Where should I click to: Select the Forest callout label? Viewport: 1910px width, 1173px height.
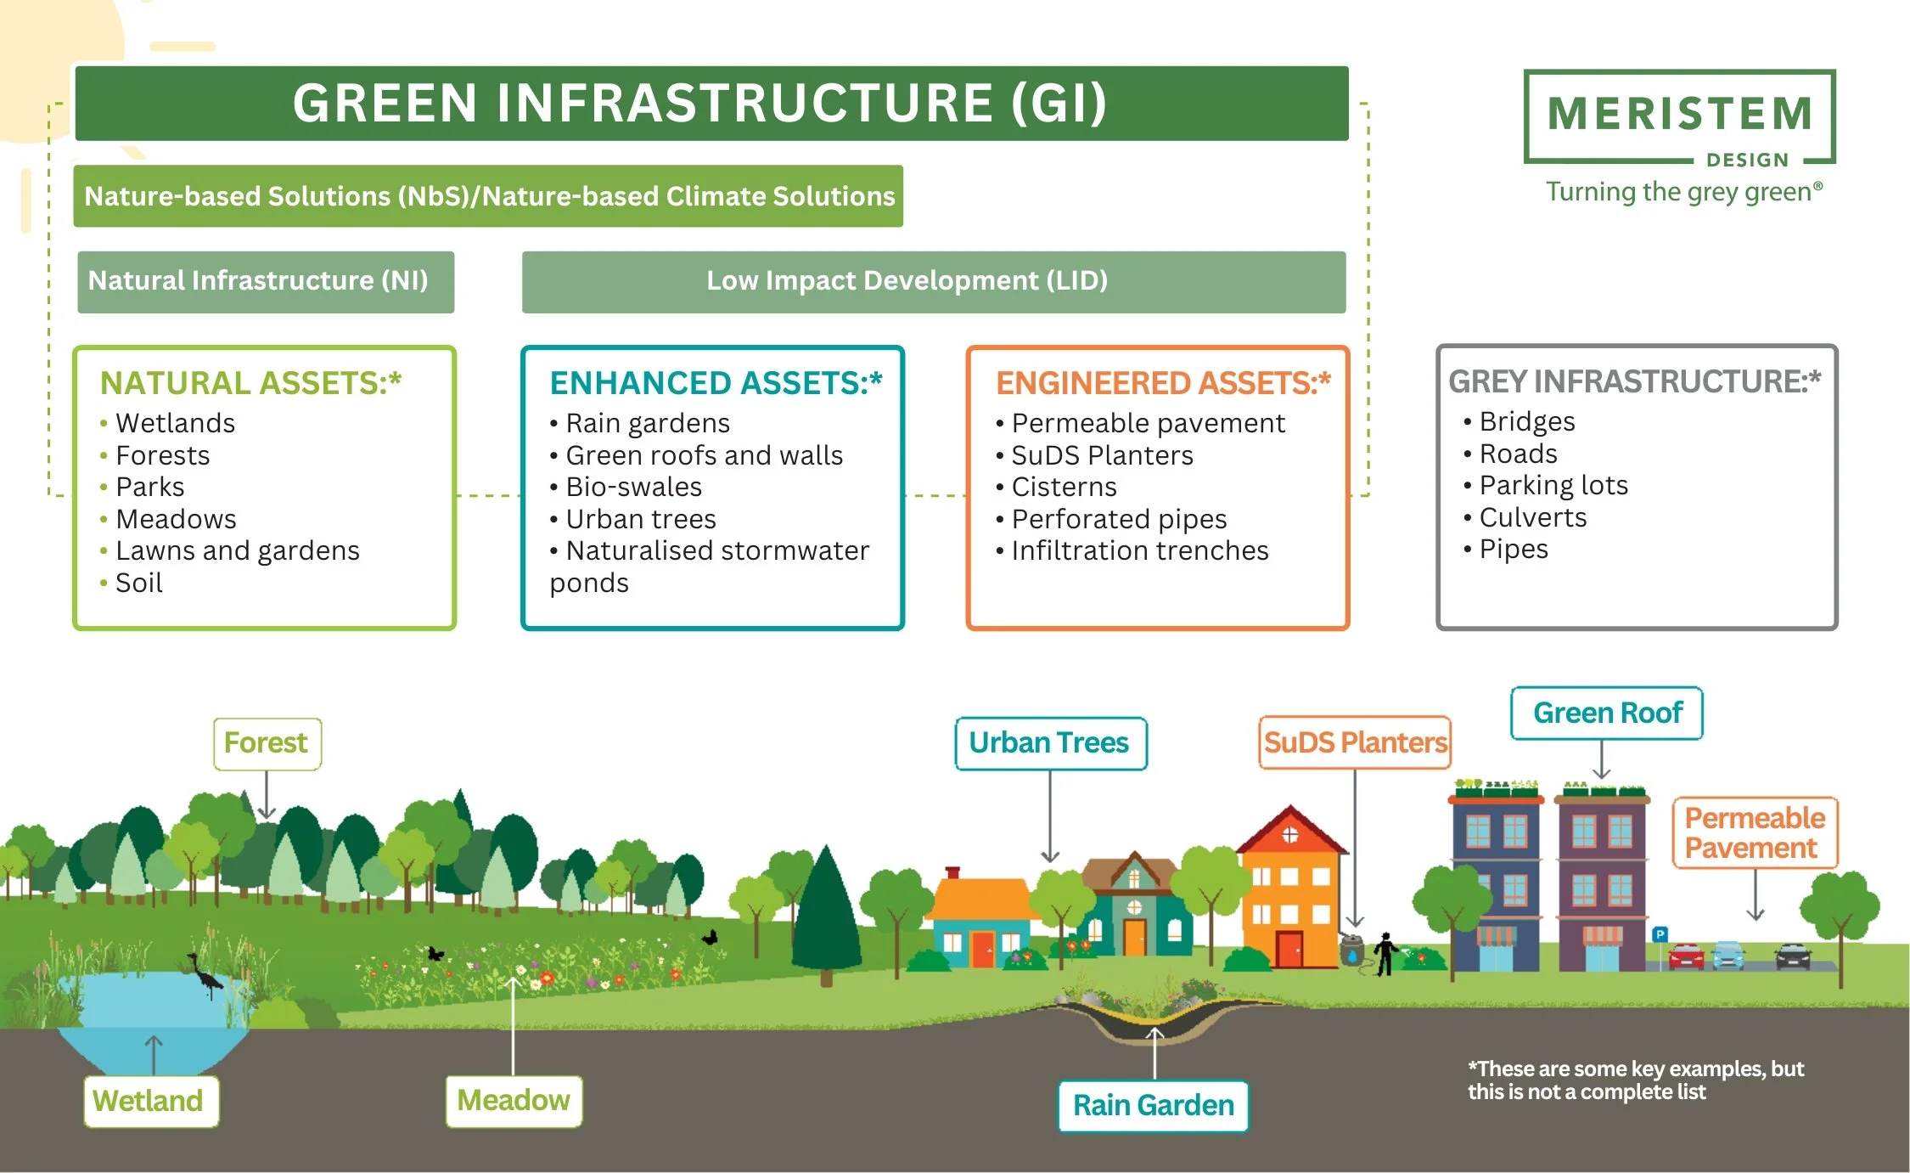click(267, 743)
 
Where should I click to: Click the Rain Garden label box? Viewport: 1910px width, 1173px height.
click(1153, 1105)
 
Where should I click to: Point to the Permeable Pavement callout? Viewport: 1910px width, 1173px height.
click(1754, 832)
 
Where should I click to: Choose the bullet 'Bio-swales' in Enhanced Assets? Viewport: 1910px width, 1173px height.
click(633, 487)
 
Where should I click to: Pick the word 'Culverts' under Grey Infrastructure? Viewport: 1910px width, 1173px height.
click(1532, 517)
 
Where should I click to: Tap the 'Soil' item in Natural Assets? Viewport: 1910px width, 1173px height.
click(138, 583)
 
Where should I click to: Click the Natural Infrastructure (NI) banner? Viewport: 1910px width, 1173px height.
click(265, 281)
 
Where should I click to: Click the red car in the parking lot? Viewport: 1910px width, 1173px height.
click(1686, 956)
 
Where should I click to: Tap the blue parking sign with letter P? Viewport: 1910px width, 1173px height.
click(1660, 934)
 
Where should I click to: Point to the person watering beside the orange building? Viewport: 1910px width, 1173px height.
click(1385, 953)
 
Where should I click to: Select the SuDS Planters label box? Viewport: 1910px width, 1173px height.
click(1354, 743)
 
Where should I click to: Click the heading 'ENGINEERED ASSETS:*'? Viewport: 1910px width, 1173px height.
click(1162, 383)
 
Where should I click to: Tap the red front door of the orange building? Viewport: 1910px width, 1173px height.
click(1289, 949)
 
